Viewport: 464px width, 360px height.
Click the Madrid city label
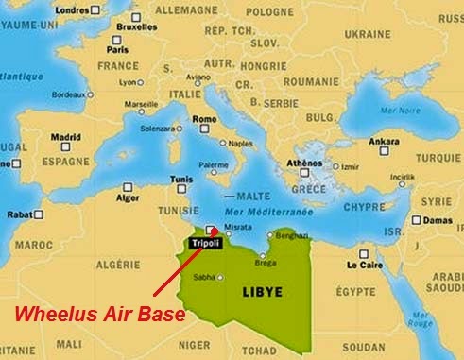[x=65, y=136]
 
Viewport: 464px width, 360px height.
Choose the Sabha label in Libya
[x=204, y=278]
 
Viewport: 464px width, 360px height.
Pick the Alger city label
[x=128, y=200]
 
